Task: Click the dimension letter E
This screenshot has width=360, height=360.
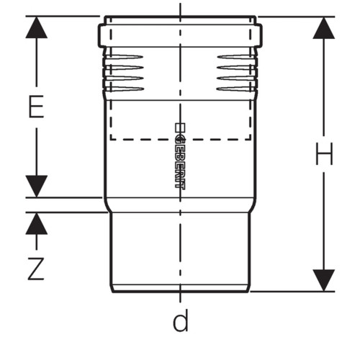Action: [36, 107]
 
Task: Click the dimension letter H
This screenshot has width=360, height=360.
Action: [324, 153]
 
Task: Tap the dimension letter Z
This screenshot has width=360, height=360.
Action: [36, 269]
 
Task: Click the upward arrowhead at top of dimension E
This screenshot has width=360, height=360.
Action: [37, 27]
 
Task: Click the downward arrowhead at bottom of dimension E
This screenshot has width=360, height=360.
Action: [37, 186]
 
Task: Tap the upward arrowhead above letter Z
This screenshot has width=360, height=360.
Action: [37, 223]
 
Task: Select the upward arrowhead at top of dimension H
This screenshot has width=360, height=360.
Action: [324, 28]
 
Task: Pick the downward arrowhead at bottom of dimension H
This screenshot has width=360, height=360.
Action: [324, 280]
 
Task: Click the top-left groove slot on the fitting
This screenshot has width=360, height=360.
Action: [125, 57]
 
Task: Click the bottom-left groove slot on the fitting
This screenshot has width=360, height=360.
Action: [125, 89]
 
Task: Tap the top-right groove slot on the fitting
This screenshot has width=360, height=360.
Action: [236, 57]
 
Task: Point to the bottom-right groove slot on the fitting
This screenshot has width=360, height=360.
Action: [235, 89]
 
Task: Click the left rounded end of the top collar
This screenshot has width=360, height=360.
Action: [100, 35]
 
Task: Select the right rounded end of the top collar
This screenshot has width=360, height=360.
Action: [260, 35]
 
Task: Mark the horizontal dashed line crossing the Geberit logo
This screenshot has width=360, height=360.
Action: [181, 139]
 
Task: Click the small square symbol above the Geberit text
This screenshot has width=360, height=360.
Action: [180, 127]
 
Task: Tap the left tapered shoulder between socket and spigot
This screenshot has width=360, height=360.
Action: [107, 205]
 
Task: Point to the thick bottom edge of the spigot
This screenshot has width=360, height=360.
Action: [181, 292]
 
